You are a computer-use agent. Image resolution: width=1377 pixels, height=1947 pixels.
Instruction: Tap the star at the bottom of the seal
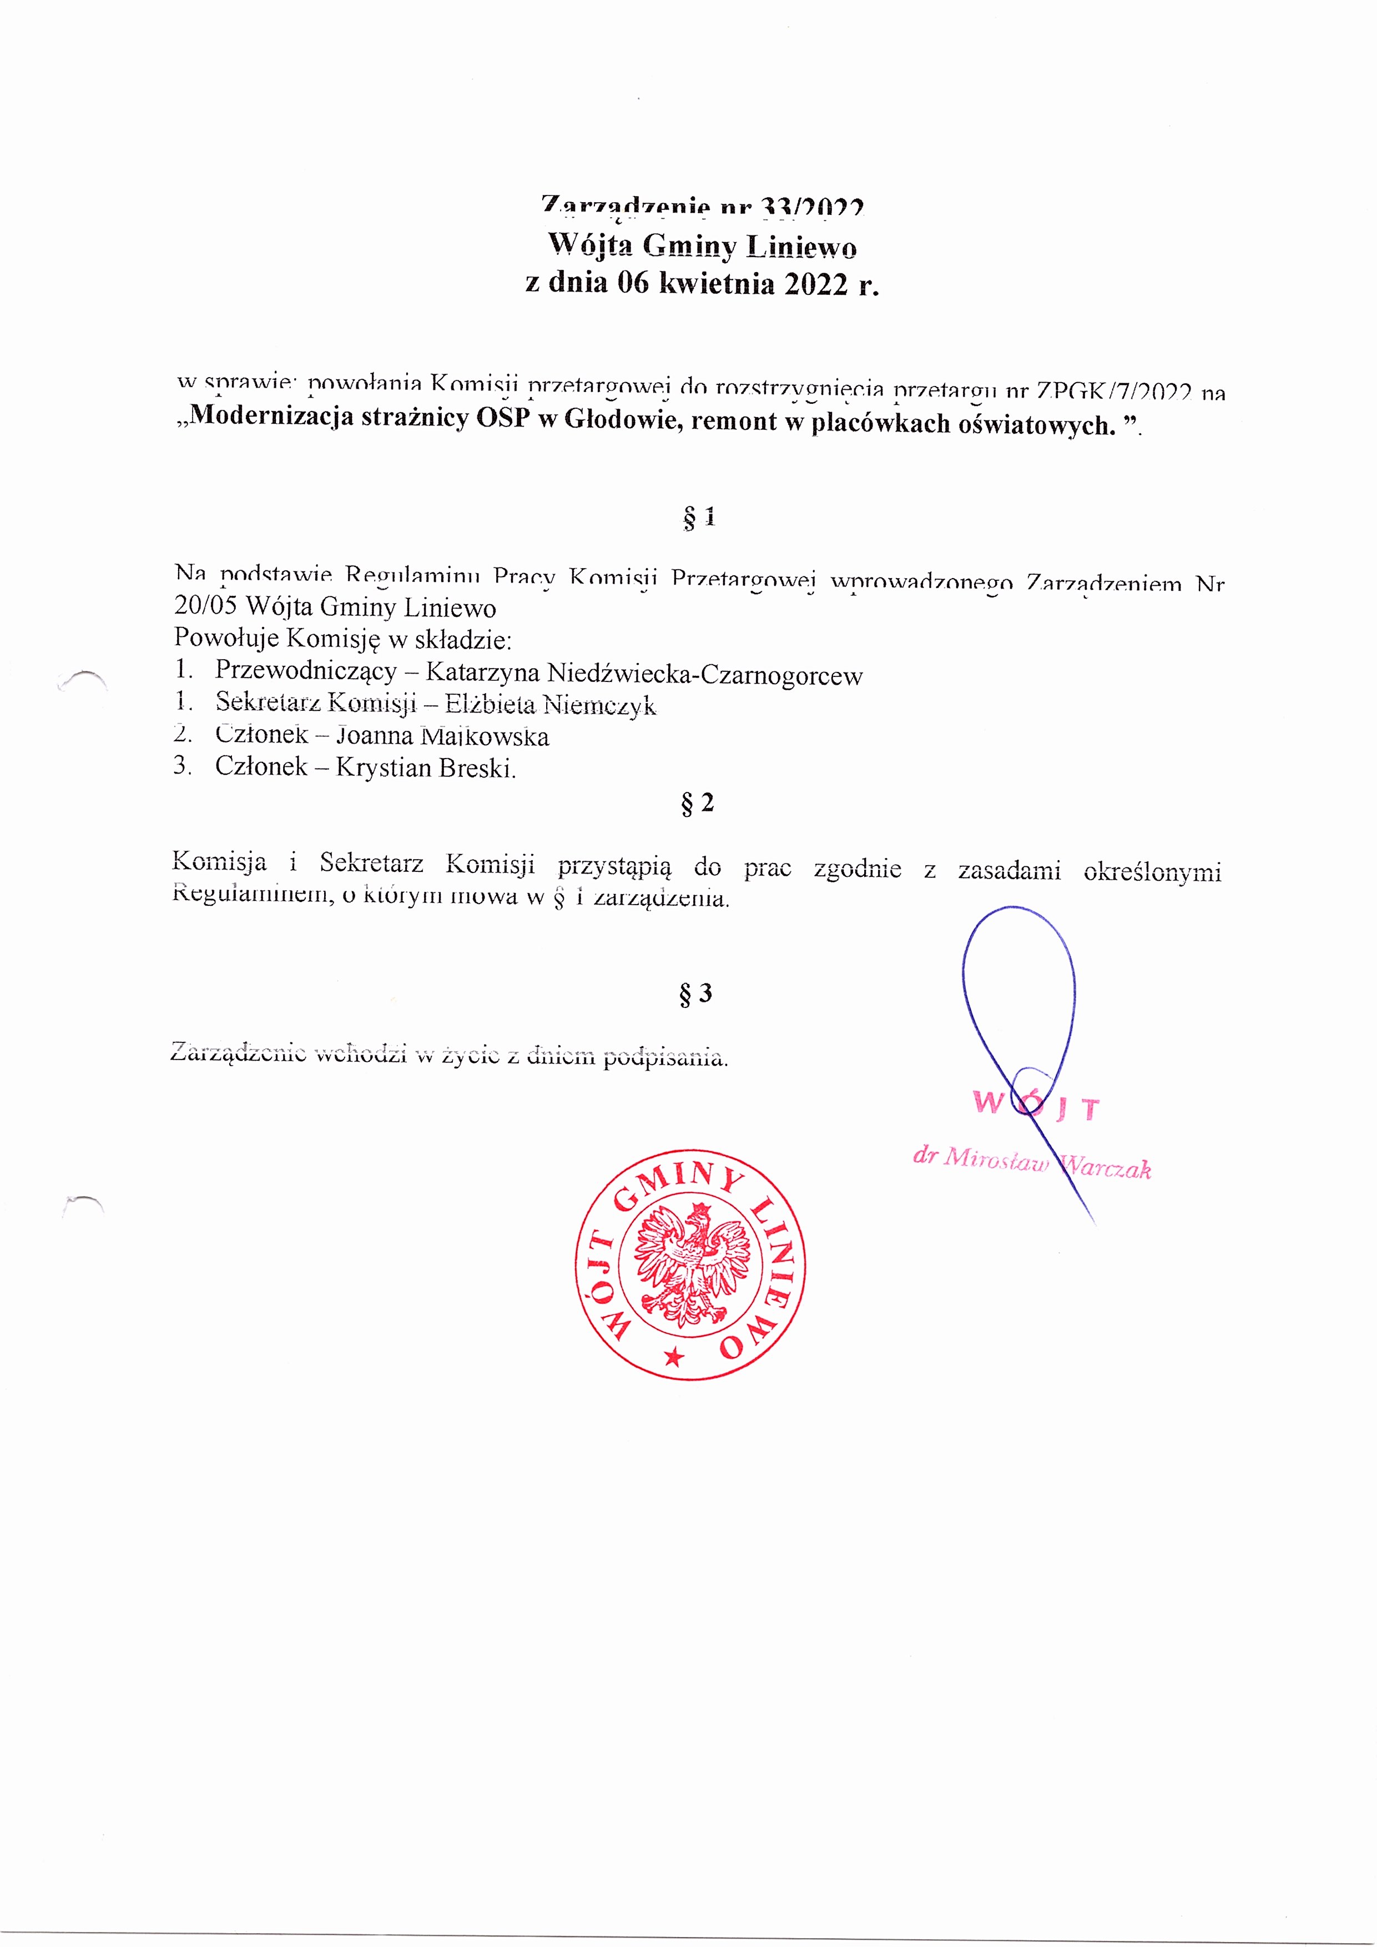pyautogui.click(x=674, y=1357)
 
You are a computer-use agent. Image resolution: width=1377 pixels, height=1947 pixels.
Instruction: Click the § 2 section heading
pyautogui.click(x=697, y=802)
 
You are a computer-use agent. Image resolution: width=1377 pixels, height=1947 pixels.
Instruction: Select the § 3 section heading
pyautogui.click(x=695, y=993)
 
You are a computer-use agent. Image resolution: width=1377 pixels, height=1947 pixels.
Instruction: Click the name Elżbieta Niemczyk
pyautogui.click(x=550, y=705)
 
